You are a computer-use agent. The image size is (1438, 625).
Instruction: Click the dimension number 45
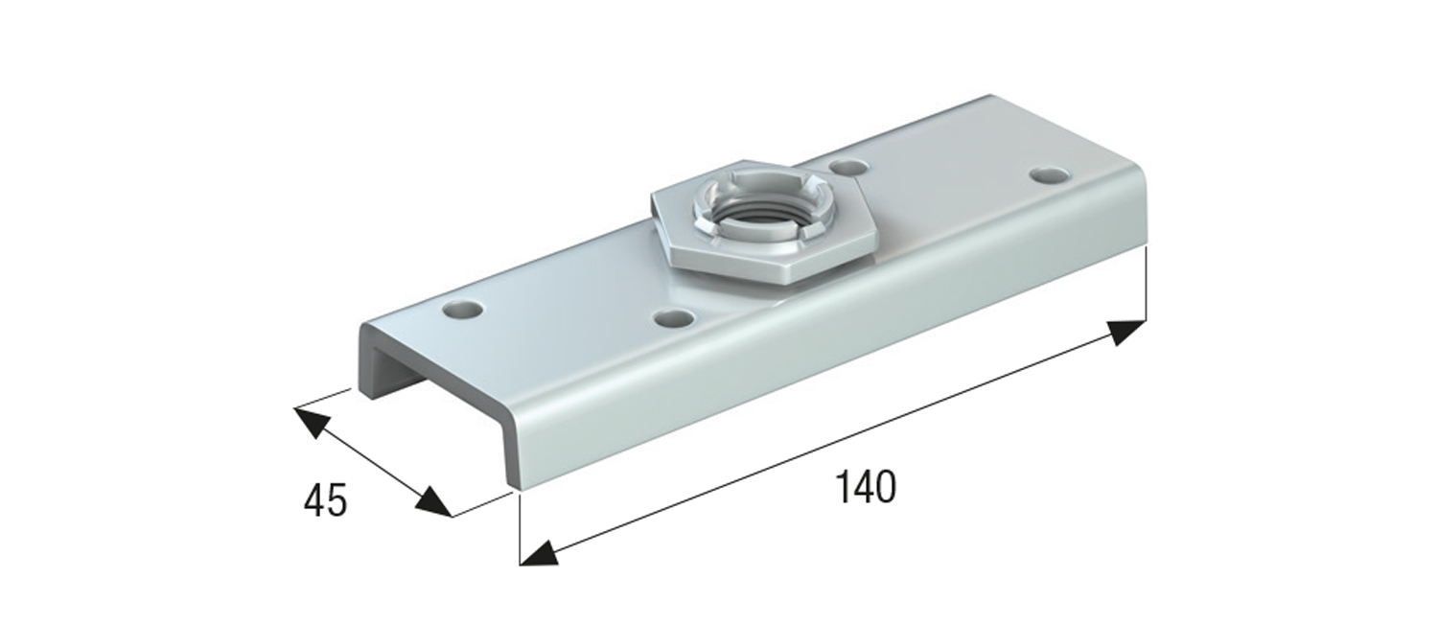[325, 500]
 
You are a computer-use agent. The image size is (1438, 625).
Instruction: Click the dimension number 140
[866, 487]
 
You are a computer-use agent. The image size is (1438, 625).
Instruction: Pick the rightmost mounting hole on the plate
[1051, 174]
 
